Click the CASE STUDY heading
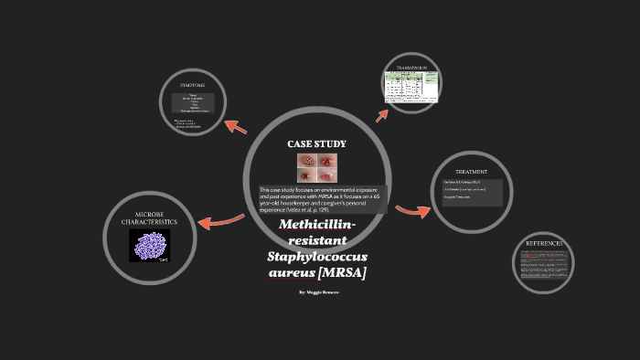point(316,144)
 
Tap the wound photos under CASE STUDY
point(316,168)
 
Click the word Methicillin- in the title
point(319,224)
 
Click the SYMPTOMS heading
point(192,85)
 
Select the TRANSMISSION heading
point(411,67)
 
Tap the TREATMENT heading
point(471,171)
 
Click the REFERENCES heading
point(543,244)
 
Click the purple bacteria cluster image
point(150,245)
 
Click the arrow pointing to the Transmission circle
point(381,113)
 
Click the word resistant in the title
point(318,240)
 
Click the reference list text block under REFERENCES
point(543,267)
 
